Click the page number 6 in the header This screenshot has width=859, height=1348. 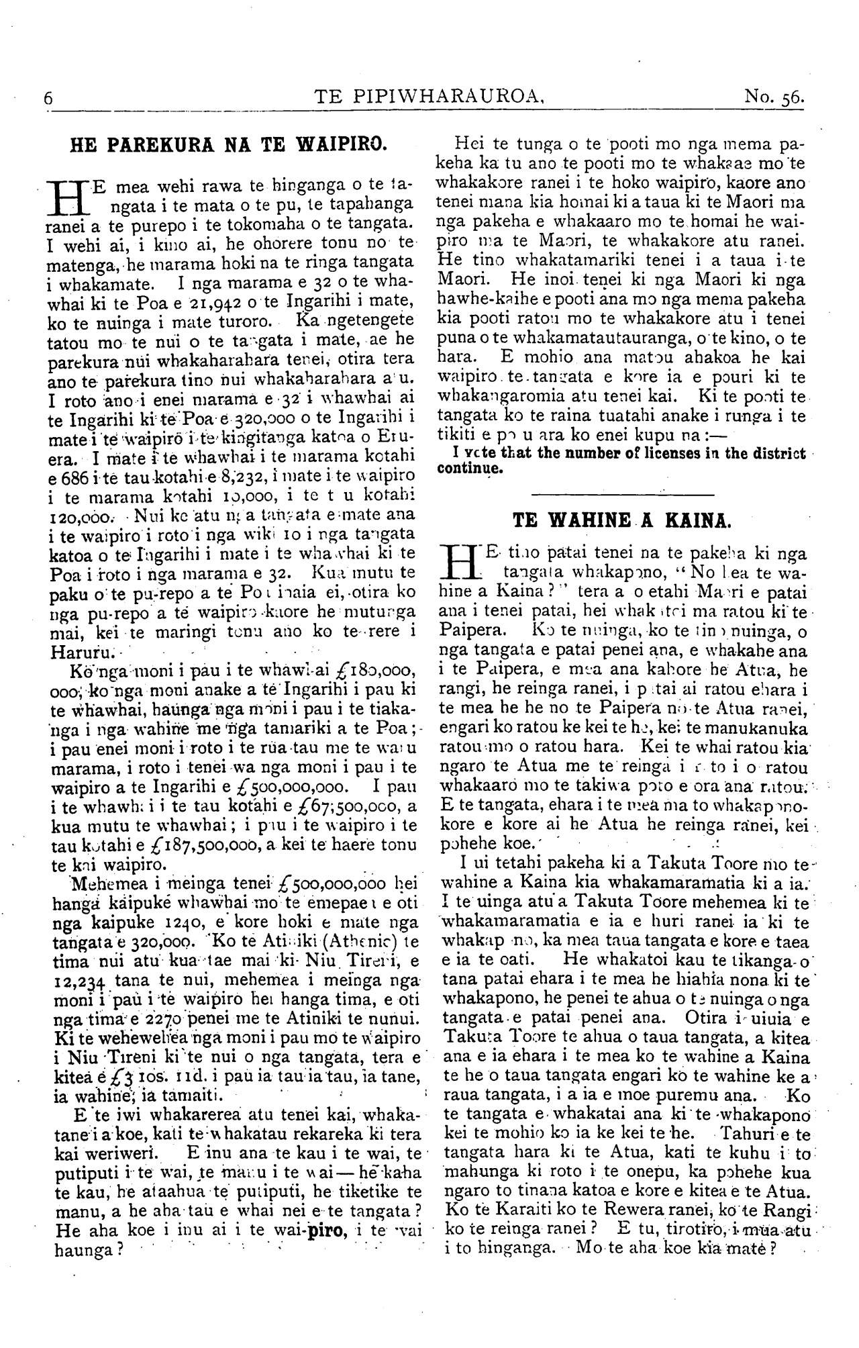48,98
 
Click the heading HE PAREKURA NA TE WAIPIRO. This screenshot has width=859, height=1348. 229,144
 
